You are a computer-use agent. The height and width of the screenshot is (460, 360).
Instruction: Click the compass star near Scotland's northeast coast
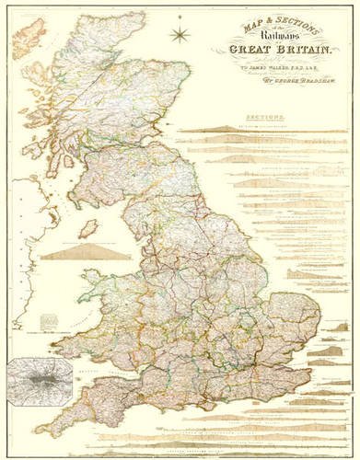180,36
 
